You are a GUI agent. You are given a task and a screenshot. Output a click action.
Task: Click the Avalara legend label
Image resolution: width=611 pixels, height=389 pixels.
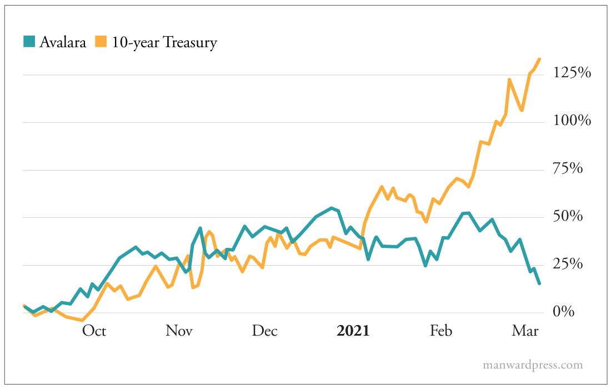(x=62, y=42)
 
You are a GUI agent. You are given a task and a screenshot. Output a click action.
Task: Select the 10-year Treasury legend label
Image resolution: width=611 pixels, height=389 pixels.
(x=164, y=42)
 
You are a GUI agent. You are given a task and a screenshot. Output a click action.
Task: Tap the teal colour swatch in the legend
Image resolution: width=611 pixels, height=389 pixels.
(x=29, y=42)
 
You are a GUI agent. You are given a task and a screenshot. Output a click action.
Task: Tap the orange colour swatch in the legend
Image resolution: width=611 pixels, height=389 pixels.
(x=101, y=42)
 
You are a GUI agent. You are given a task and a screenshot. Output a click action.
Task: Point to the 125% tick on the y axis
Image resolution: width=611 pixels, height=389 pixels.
(x=572, y=73)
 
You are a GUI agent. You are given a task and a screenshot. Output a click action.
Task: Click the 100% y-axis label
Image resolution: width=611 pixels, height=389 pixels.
(x=572, y=121)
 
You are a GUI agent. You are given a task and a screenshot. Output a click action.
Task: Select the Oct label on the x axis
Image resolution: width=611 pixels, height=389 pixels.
(x=94, y=331)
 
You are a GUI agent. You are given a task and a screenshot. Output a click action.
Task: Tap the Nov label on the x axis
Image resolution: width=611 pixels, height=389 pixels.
(x=179, y=331)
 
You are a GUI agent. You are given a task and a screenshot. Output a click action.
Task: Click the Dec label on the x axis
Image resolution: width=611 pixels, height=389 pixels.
(x=264, y=331)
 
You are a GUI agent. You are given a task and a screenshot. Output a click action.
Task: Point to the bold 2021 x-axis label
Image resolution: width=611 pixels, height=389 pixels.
(x=353, y=331)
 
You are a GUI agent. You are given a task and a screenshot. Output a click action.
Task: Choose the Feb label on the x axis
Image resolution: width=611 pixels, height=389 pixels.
(x=440, y=331)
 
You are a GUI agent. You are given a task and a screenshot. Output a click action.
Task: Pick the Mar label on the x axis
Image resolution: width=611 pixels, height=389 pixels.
(x=525, y=331)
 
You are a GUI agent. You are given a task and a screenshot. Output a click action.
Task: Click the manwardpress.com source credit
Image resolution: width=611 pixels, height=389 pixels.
(x=533, y=365)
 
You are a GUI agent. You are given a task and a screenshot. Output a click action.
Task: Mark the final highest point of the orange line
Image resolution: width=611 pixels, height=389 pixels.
(x=539, y=59)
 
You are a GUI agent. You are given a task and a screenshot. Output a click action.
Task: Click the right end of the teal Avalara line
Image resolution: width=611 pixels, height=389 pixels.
(x=539, y=283)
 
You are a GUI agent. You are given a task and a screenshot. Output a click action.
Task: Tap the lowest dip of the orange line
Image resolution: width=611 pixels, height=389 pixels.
(x=82, y=320)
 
